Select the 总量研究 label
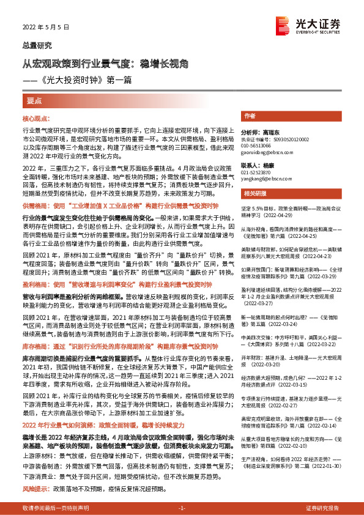pos(37,45)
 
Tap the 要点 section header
pos(35,100)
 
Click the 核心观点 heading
pos(37,120)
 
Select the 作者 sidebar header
pos(249,116)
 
